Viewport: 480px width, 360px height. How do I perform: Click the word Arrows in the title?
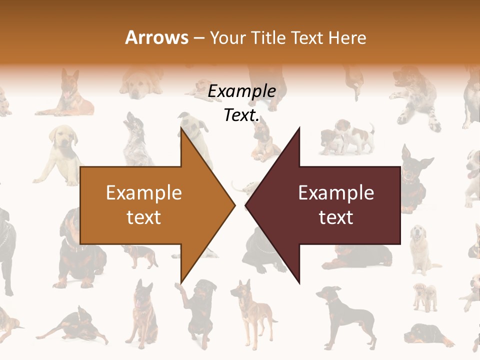[x=157, y=37]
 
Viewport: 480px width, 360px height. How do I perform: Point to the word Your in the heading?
[x=228, y=37]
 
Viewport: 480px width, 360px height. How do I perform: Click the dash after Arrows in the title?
[x=198, y=38]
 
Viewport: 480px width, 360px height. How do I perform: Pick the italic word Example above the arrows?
[x=241, y=91]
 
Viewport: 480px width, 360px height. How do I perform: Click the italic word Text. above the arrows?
[x=241, y=115]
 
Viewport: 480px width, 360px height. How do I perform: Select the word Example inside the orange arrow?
[x=144, y=192]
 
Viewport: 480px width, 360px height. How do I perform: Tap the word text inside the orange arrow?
[x=144, y=217]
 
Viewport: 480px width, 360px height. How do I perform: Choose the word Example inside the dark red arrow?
[x=336, y=192]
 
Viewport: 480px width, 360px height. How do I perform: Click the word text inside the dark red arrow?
[x=336, y=217]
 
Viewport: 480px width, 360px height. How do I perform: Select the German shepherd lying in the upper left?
[x=67, y=95]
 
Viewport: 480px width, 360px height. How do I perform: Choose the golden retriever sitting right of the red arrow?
[x=419, y=247]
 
